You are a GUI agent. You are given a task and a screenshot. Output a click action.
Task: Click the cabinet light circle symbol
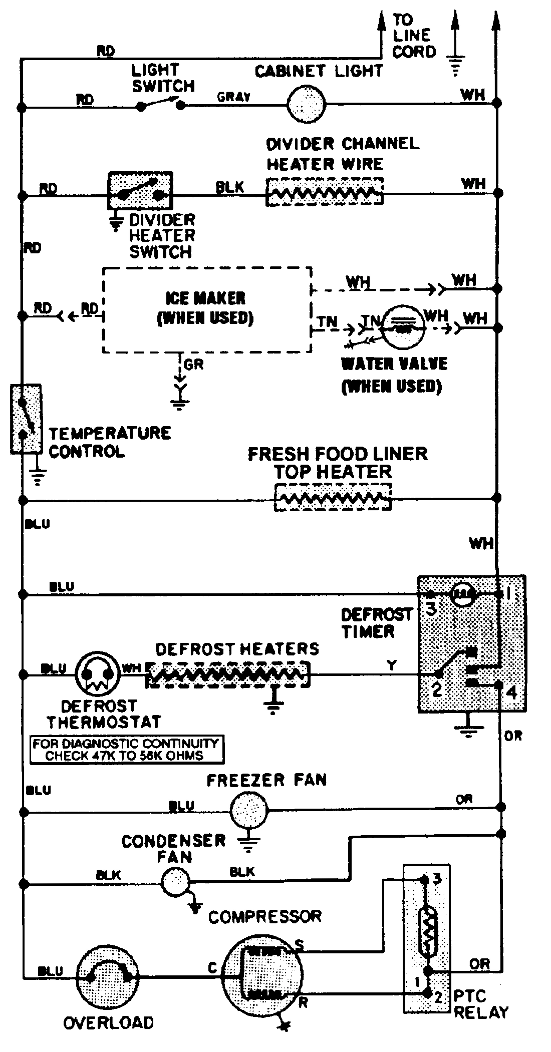click(306, 105)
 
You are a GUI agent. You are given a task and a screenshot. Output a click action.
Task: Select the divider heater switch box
click(140, 191)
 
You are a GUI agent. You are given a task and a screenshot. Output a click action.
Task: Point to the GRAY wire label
click(234, 97)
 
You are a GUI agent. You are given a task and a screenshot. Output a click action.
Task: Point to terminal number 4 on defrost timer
click(511, 692)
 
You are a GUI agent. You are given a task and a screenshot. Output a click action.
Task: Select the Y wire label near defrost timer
click(392, 665)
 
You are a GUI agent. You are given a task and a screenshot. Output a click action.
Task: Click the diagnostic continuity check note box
click(126, 750)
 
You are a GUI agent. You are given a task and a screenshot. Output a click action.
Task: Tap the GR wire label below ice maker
click(194, 365)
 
